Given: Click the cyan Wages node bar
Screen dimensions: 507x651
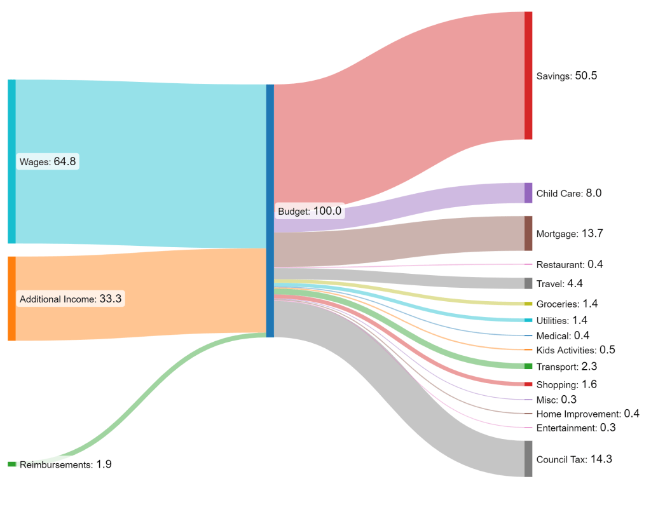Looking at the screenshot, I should (x=11, y=161).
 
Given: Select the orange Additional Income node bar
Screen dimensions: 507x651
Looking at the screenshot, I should (x=11, y=299).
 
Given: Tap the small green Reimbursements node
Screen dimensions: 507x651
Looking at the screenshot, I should (x=11, y=464).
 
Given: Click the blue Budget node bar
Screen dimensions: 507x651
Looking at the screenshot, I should (x=270, y=211).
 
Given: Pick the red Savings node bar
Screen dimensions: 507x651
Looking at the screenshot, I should (x=528, y=76).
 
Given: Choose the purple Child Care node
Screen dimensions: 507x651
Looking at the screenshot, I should (x=528, y=193).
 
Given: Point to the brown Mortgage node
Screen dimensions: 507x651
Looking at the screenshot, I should (x=528, y=234).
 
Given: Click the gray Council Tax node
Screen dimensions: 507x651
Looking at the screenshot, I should (x=528, y=459).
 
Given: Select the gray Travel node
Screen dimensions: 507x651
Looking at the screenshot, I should (x=528, y=283).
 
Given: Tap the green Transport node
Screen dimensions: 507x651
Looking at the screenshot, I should (x=528, y=367).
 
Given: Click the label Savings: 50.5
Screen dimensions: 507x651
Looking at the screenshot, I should (x=566, y=76).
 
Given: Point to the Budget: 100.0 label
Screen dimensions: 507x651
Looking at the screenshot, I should (x=310, y=211).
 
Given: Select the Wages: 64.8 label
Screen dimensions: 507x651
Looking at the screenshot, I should (x=48, y=161).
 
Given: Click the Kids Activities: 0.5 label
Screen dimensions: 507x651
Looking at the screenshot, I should (x=575, y=350).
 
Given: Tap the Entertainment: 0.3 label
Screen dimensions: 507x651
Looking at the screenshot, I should (x=576, y=428).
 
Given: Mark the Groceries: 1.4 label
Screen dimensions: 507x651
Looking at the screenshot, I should (x=566, y=304).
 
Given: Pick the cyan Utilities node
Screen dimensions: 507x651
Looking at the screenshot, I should (x=528, y=320).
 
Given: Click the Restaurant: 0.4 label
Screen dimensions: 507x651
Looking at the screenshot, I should (x=569, y=264).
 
